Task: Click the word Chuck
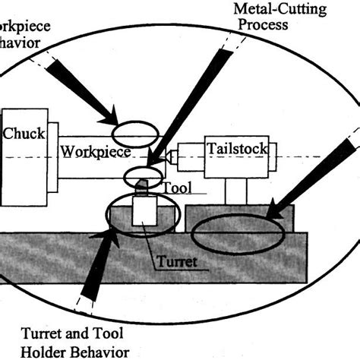click(x=24, y=134)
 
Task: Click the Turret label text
click(x=175, y=262)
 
